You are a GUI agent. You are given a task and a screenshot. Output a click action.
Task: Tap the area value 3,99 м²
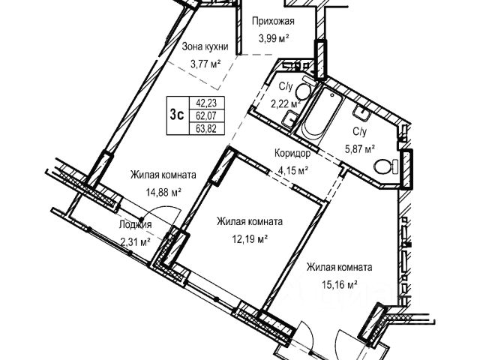coord(274,38)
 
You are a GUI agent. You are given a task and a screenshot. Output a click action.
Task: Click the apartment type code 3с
coord(178,115)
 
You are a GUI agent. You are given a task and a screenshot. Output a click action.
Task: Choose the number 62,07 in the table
coord(207,116)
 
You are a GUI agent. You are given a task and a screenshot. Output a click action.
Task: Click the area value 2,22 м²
coord(286,103)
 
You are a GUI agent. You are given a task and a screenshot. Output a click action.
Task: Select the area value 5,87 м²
coord(358,148)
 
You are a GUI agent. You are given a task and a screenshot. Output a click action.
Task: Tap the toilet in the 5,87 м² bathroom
coord(387,166)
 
